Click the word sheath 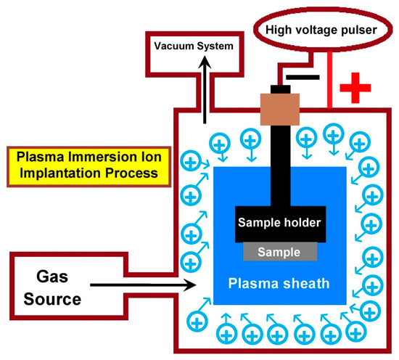pyautogui.click(x=305, y=282)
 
